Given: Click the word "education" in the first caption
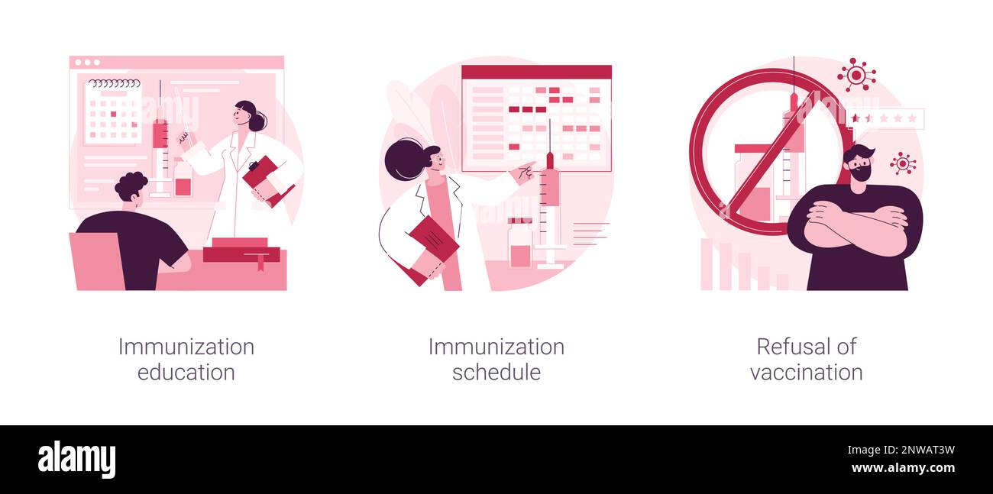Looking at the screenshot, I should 186,373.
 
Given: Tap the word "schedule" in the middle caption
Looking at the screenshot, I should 496,373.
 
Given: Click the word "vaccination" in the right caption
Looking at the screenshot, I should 806,373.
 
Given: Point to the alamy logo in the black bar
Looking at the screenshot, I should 76,460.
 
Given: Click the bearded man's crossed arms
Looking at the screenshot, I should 856,225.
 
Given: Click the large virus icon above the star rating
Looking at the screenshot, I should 856,75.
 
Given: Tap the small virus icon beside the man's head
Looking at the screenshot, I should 903,163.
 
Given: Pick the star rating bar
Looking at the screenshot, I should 886,118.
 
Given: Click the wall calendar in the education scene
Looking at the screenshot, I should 112,112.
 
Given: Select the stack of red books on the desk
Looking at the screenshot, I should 241,250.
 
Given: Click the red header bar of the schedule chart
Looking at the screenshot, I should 536,73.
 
